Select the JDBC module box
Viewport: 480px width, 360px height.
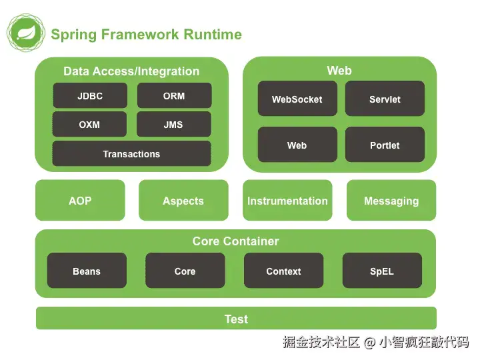click(x=90, y=96)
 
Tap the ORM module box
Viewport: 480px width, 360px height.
click(x=174, y=96)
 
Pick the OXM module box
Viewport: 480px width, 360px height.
click(x=89, y=125)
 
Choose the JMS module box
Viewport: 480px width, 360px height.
click(x=173, y=125)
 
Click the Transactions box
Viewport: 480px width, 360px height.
click(x=131, y=154)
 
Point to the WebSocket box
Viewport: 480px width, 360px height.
click(x=297, y=99)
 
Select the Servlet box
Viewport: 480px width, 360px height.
click(x=385, y=99)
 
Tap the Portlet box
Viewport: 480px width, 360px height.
click(x=385, y=145)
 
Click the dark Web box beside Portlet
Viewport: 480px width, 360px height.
click(x=297, y=145)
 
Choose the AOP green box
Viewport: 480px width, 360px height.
click(x=80, y=201)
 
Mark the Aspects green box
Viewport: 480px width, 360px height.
click(x=183, y=201)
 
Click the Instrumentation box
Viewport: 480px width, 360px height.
click(x=287, y=201)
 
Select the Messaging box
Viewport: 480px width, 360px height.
click(x=391, y=201)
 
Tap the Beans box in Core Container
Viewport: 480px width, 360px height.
click(x=87, y=271)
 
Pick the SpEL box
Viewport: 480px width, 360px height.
click(x=382, y=271)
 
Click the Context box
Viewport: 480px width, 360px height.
click(x=283, y=271)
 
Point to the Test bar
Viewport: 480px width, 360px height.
click(x=236, y=319)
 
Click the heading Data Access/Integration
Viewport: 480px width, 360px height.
click(x=131, y=71)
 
